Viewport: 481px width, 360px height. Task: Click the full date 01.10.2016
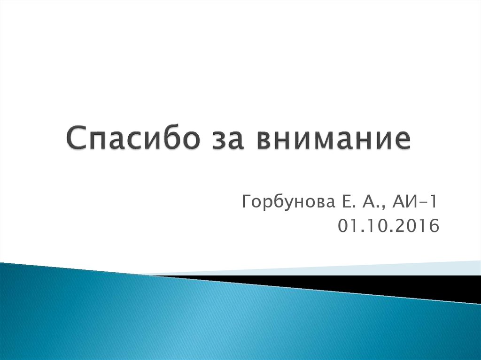pos(388,227)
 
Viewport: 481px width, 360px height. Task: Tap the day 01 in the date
pos(346,227)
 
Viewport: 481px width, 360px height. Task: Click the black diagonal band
pos(376,284)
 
